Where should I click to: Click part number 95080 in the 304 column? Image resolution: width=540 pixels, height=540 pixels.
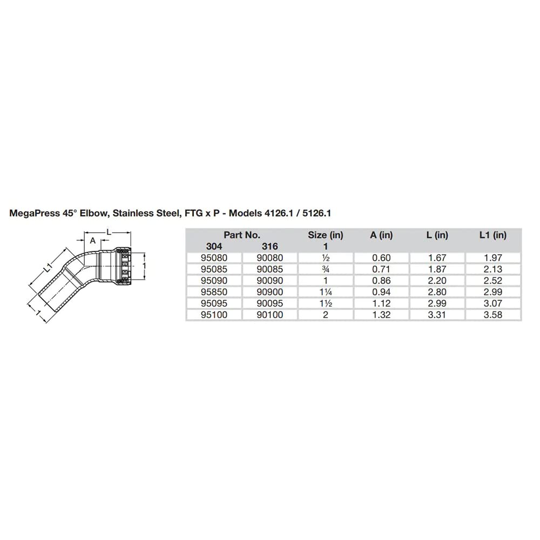tap(214, 258)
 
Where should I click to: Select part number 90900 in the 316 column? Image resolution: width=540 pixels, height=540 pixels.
tap(269, 292)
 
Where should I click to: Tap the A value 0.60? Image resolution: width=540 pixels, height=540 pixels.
tap(382, 258)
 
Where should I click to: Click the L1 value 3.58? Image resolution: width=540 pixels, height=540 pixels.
tap(494, 315)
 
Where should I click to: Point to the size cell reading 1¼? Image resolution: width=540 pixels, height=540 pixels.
tap(326, 292)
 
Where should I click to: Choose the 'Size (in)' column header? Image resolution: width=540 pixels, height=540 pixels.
tap(326, 235)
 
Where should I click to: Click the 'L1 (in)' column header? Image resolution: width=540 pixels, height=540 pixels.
tap(493, 235)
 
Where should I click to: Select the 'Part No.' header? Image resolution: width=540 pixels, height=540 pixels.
tap(242, 235)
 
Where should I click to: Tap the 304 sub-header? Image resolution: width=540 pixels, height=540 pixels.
tap(214, 247)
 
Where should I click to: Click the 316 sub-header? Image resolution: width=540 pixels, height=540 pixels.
tap(269, 247)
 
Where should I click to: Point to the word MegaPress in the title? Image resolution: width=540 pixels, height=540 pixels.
tap(33, 213)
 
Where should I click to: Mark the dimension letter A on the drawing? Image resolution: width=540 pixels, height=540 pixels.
tap(92, 241)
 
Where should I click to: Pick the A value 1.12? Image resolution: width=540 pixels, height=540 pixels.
tap(382, 303)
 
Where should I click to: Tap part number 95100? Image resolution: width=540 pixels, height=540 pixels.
tap(214, 315)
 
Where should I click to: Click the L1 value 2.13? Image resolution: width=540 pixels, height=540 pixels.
tap(494, 269)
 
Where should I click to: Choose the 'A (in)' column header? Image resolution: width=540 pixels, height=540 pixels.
tap(382, 235)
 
